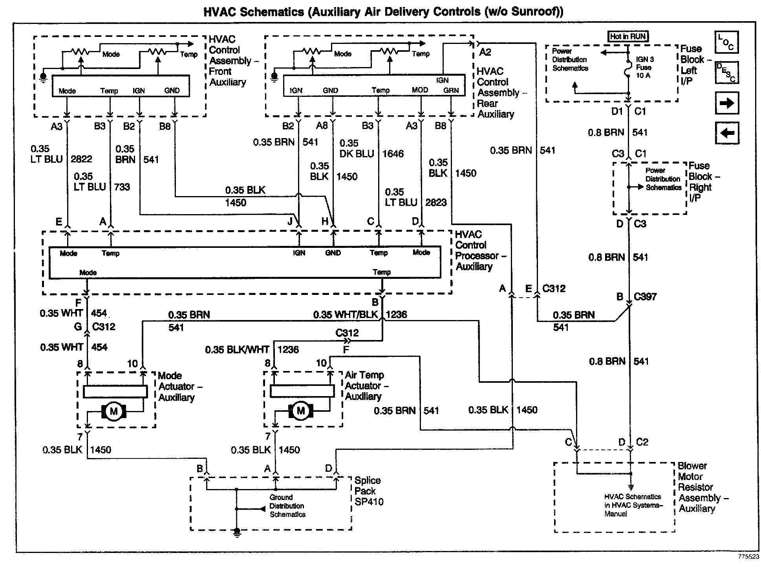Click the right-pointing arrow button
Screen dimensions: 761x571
[x=726, y=103]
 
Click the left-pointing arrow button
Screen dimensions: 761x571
[x=726, y=133]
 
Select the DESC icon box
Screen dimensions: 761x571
[x=726, y=73]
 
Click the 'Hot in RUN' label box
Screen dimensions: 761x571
[x=628, y=36]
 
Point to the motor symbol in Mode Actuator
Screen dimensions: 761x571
[x=114, y=411]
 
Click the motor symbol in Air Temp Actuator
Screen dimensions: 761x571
[x=301, y=411]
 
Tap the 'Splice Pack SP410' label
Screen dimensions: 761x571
[x=369, y=491]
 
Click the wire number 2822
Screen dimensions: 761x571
[x=81, y=159]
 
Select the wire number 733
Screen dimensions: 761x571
[x=122, y=187]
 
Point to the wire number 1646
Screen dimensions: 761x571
[x=393, y=154]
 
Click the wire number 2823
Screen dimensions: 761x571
[x=436, y=202]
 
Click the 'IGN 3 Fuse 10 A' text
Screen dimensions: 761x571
[x=645, y=67]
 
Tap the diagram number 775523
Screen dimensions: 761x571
[x=748, y=556]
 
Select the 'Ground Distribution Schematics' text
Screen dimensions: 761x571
[x=287, y=506]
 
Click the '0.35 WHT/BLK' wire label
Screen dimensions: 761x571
[x=346, y=315]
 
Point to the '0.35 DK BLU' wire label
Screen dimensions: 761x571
[x=357, y=149]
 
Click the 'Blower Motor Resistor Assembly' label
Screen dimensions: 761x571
[x=703, y=487]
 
